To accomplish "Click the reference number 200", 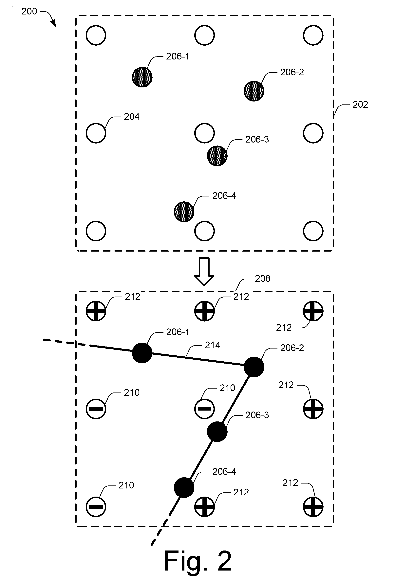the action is tap(29, 11).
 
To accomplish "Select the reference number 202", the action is tap(360, 104).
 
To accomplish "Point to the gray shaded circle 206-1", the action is tap(142, 77).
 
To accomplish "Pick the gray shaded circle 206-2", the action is tap(254, 91).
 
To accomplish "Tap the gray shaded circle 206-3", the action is tap(217, 156).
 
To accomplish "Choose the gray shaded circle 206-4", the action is tap(184, 212).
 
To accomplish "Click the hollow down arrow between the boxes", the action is tap(204, 271).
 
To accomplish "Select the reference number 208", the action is tap(263, 279).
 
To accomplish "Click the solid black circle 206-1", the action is tap(142, 353).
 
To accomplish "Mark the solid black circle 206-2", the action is tap(254, 367).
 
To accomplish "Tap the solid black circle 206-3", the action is tap(217, 432).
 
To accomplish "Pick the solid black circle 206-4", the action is tap(184, 487).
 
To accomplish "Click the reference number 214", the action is tap(212, 346).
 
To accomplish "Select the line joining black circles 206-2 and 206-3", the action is tap(235, 399).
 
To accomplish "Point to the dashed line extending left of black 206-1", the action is tap(66, 343).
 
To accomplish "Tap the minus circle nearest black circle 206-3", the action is tap(204, 409).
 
